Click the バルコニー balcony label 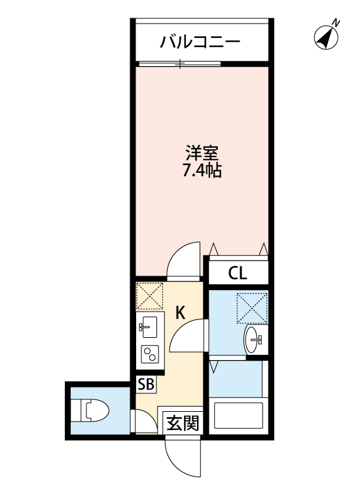[x=201, y=43]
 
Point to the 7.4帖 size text [x=201, y=172]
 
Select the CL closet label [x=238, y=272]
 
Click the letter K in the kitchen [x=181, y=313]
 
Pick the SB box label [x=146, y=384]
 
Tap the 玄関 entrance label [x=181, y=423]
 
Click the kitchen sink [x=148, y=326]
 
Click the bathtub [x=238, y=417]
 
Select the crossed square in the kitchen [x=149, y=296]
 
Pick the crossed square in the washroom [x=253, y=306]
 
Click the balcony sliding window [x=180, y=64]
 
